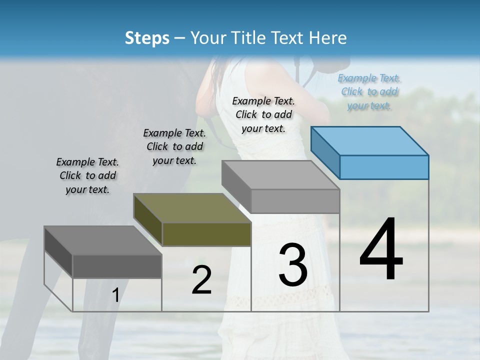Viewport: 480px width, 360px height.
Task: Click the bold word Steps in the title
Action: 147,38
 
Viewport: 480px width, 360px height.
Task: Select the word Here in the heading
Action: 329,38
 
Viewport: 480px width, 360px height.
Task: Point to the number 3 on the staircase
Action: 292,264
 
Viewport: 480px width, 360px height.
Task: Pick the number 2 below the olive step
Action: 201,280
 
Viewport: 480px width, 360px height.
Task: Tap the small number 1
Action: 115,295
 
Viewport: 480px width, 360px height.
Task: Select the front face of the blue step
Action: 384,167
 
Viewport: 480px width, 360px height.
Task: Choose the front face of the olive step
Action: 206,234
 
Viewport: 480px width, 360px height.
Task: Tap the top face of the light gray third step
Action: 280,174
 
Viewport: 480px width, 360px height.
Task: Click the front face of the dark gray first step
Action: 117,266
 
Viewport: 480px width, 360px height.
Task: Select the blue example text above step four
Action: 369,91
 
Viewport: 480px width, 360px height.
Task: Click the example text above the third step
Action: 263,114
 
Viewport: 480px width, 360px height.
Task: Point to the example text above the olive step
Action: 174,146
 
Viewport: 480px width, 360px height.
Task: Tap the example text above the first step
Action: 87,175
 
